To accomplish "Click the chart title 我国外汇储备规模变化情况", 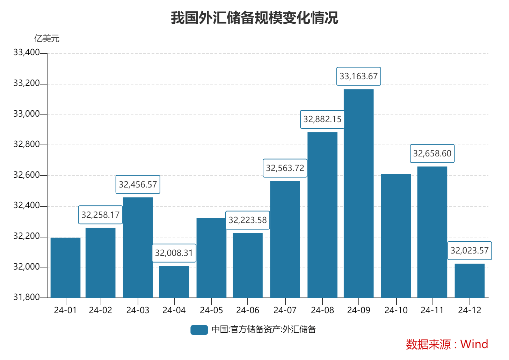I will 254,18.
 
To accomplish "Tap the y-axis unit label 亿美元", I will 47,38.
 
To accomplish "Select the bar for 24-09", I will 358,193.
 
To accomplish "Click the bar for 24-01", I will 65,267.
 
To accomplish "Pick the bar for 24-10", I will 396,236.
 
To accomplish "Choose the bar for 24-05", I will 211,258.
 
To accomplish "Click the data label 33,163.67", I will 358,76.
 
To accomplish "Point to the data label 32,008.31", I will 174,253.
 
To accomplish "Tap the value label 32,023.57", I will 470,251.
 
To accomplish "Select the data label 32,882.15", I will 322,119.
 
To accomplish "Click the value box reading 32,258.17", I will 101,215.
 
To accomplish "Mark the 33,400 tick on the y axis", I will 27,53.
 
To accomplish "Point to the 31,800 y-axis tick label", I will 27,297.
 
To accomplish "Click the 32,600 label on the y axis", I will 27,175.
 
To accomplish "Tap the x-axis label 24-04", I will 174,310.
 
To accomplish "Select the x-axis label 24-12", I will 470,310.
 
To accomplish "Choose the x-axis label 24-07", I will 285,310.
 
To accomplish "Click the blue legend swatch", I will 199,330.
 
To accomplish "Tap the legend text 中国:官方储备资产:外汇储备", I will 264,330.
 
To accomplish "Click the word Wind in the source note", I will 474,344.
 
